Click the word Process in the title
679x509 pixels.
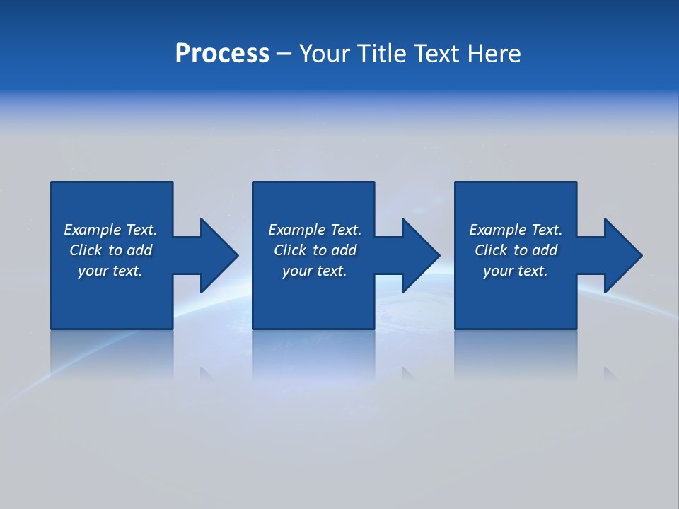(222, 54)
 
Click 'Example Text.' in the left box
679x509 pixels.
(110, 230)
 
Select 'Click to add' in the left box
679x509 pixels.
(110, 250)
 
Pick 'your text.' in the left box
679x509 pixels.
(110, 271)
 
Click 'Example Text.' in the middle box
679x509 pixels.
(315, 230)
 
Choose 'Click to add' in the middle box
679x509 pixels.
(315, 250)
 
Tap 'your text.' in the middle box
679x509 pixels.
(315, 271)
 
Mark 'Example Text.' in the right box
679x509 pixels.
(516, 230)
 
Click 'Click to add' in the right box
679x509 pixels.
(516, 250)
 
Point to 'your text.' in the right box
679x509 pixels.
(516, 271)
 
